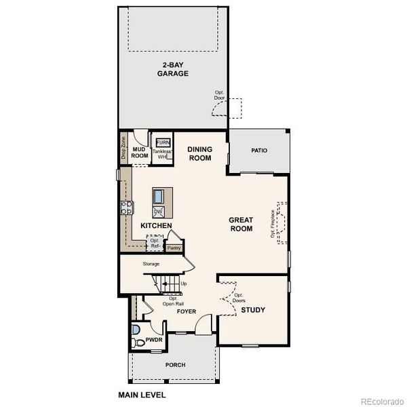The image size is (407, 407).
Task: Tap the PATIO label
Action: (259, 151)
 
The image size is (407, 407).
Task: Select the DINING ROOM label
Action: (199, 154)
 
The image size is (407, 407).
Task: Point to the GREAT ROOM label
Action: (241, 224)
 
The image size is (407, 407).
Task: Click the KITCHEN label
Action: (156, 225)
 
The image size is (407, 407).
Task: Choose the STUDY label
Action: (253, 310)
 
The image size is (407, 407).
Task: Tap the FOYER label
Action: (187, 312)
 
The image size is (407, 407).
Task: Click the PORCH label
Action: (175, 365)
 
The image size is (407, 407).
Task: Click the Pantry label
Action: (174, 248)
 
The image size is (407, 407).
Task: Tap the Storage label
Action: (151, 264)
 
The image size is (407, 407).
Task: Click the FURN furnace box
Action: (163, 142)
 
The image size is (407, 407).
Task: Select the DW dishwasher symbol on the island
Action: (158, 212)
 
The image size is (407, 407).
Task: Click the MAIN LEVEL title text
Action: (142, 394)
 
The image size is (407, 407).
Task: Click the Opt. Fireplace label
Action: (273, 224)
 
